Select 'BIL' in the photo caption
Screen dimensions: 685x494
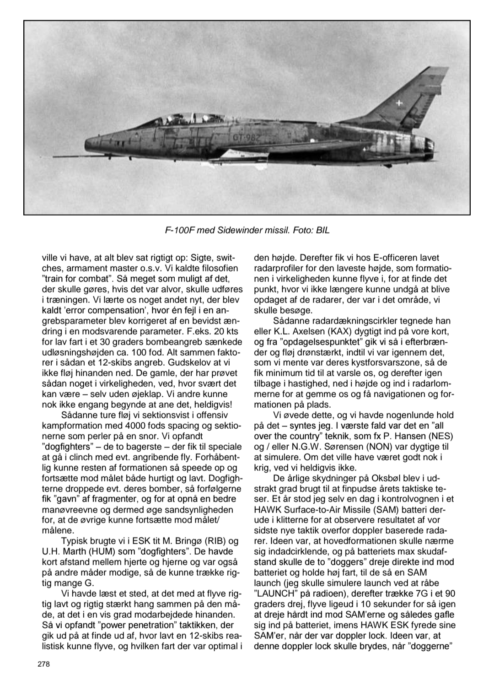(321, 231)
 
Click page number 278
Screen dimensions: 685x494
(44, 664)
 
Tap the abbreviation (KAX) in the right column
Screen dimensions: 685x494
(332, 331)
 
